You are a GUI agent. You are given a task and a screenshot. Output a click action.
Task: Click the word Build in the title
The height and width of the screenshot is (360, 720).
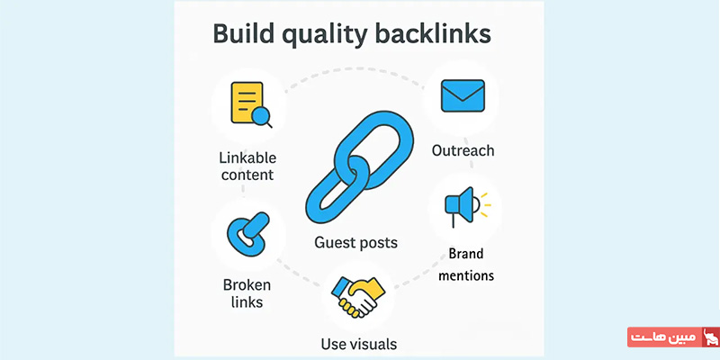coord(240,34)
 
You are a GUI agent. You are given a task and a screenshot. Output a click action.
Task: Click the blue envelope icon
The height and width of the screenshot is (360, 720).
coord(463,95)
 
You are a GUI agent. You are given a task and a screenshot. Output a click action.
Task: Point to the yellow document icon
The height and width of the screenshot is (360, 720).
coord(247,103)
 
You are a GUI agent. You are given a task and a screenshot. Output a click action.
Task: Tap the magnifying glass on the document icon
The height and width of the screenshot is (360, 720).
coord(262,117)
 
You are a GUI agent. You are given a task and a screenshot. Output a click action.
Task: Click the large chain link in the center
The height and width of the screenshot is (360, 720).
coord(359,167)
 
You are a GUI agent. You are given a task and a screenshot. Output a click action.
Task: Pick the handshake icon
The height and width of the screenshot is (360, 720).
coord(358,297)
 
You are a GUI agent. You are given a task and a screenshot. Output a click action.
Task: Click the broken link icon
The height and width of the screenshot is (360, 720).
coord(248,232)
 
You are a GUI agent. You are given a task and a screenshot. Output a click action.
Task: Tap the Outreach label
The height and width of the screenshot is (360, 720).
coord(463,150)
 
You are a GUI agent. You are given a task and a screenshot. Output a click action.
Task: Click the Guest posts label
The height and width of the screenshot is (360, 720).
coord(355,242)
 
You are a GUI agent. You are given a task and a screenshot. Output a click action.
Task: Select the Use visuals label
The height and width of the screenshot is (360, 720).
coord(358,344)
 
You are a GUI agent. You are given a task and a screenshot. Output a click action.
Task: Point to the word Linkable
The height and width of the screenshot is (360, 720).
coord(247,158)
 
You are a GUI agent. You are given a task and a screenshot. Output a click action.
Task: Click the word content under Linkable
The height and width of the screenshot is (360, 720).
coord(247,175)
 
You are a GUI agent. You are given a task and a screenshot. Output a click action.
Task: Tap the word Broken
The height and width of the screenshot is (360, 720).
coord(247,285)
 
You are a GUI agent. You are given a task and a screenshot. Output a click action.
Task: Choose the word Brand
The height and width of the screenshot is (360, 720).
coord(466,254)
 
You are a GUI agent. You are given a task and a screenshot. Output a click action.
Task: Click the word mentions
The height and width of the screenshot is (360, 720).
coord(466,275)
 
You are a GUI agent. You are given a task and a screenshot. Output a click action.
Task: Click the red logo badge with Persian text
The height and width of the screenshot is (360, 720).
coord(673,337)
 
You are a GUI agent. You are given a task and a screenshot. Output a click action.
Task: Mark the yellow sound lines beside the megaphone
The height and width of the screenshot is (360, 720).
coord(485,205)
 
